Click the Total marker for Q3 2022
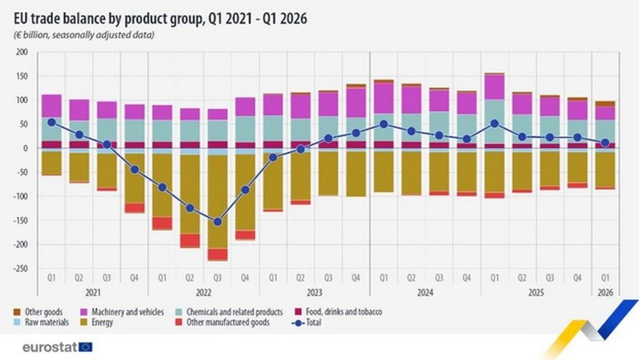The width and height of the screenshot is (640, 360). tap(217, 221)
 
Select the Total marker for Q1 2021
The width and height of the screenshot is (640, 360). tap(51, 122)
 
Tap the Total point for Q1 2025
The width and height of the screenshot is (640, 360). tap(494, 123)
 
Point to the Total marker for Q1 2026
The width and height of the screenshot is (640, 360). tap(605, 142)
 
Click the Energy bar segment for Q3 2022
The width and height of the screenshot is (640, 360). tap(217, 202)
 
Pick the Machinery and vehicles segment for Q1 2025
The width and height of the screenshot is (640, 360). tap(494, 87)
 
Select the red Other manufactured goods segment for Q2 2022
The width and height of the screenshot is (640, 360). tap(190, 241)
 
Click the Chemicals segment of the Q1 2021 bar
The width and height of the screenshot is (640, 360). tap(51, 129)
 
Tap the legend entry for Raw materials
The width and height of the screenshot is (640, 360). tap(41, 322)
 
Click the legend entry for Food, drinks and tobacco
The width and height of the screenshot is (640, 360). tap(338, 311)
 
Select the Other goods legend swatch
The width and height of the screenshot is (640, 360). tap(17, 311)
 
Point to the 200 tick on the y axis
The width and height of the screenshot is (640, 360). tap(22, 52)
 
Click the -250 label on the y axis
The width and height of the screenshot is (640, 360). tap(20, 268)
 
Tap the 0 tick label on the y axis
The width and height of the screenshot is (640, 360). tap(25, 148)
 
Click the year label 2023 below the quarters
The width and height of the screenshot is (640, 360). tap(314, 292)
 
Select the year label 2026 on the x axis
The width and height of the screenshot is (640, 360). tap(605, 292)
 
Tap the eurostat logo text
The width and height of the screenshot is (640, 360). tap(49, 347)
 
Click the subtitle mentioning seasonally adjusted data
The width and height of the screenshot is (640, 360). tap(84, 35)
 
